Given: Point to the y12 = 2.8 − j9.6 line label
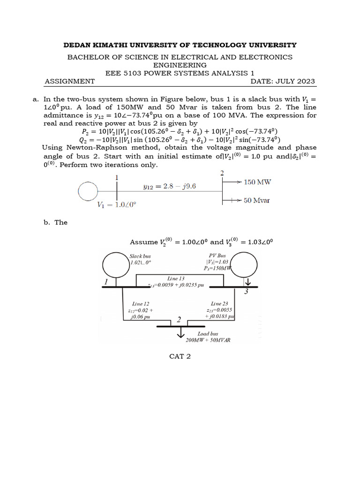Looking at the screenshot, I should pos(169,186).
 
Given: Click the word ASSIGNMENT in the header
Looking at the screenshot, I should pos(69,81).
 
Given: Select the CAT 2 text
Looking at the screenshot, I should pos(180,356).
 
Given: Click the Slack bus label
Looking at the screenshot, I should pos(140,256).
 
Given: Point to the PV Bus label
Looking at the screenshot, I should pos(217,256).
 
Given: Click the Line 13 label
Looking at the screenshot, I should pos(176,278).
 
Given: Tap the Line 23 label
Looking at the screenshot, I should pos(219,304).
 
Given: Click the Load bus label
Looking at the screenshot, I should pos(208,334).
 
